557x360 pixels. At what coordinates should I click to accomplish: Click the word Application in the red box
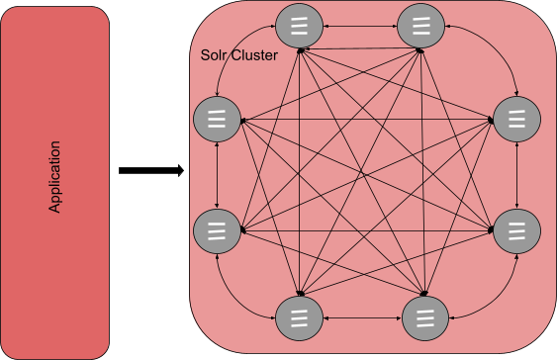(x=56, y=178)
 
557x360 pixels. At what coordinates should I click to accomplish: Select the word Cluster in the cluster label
(x=254, y=55)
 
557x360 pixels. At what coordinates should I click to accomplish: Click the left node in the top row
(x=301, y=27)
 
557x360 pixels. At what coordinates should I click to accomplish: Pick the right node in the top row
(x=420, y=27)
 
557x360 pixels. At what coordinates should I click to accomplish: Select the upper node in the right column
(x=515, y=118)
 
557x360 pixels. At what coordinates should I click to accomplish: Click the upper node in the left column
(x=217, y=118)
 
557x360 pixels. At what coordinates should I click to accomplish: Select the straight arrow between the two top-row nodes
(x=360, y=23)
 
